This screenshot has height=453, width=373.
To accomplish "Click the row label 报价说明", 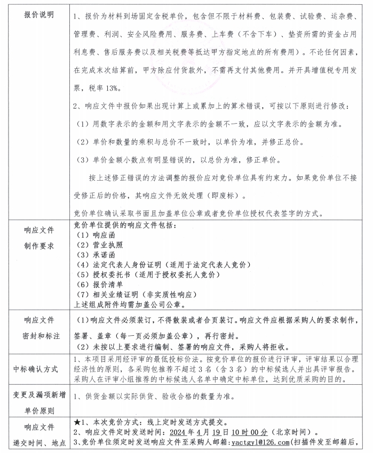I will tap(39, 14).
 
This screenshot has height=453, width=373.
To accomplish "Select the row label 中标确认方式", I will tap(39, 368).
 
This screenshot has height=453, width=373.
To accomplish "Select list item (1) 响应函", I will tap(96, 234).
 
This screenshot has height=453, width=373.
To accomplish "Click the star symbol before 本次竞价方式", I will tap(77, 422).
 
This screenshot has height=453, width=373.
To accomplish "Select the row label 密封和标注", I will tap(39, 337).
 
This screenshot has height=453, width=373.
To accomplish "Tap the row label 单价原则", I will tap(39, 411).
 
